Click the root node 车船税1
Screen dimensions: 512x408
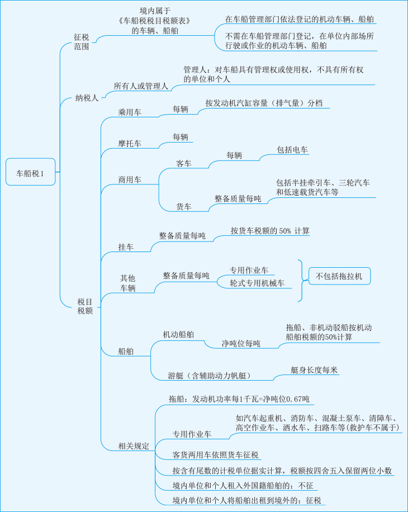(30, 173)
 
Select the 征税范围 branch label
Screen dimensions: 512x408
(82, 42)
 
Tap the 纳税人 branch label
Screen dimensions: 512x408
(87, 98)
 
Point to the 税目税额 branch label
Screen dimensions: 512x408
(85, 307)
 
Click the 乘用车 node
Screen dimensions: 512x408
(130, 112)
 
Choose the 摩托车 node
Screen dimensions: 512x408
(130, 144)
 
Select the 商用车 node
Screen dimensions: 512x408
(130, 180)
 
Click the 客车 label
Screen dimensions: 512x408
(184, 164)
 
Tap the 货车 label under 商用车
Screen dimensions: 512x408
(184, 207)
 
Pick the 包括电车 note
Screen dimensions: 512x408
(292, 150)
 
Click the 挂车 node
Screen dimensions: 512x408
(126, 247)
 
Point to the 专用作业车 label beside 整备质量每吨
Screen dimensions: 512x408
(249, 271)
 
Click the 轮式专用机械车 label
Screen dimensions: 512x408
(257, 283)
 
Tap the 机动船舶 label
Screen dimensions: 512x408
(179, 334)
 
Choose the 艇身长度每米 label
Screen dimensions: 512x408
(314, 370)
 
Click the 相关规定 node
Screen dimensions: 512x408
(134, 446)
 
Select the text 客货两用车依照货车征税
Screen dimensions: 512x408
(216, 455)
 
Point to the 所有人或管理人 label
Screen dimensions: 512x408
(141, 86)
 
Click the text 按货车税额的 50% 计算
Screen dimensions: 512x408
(270, 231)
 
